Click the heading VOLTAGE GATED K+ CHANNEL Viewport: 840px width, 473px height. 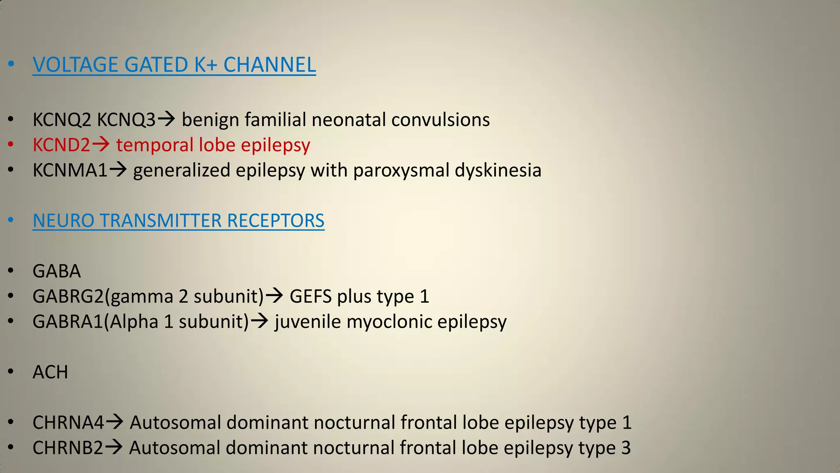click(x=174, y=65)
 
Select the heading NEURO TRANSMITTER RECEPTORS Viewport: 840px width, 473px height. click(x=178, y=220)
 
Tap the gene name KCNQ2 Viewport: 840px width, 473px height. click(x=62, y=120)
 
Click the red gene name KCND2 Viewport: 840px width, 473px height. click(x=61, y=145)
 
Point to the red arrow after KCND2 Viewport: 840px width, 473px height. click(x=100, y=144)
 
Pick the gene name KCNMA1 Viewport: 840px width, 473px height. click(x=70, y=170)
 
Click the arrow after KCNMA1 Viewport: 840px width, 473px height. click(x=118, y=170)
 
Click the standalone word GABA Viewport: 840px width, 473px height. click(x=57, y=271)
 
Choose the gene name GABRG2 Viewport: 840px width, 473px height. click(x=68, y=296)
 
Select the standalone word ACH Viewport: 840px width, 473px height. click(x=50, y=372)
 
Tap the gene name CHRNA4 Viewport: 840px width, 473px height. click(x=68, y=422)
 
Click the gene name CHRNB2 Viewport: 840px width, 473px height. click(x=68, y=448)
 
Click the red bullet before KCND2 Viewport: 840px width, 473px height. click(x=11, y=145)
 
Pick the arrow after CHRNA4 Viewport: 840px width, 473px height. click(x=114, y=422)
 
